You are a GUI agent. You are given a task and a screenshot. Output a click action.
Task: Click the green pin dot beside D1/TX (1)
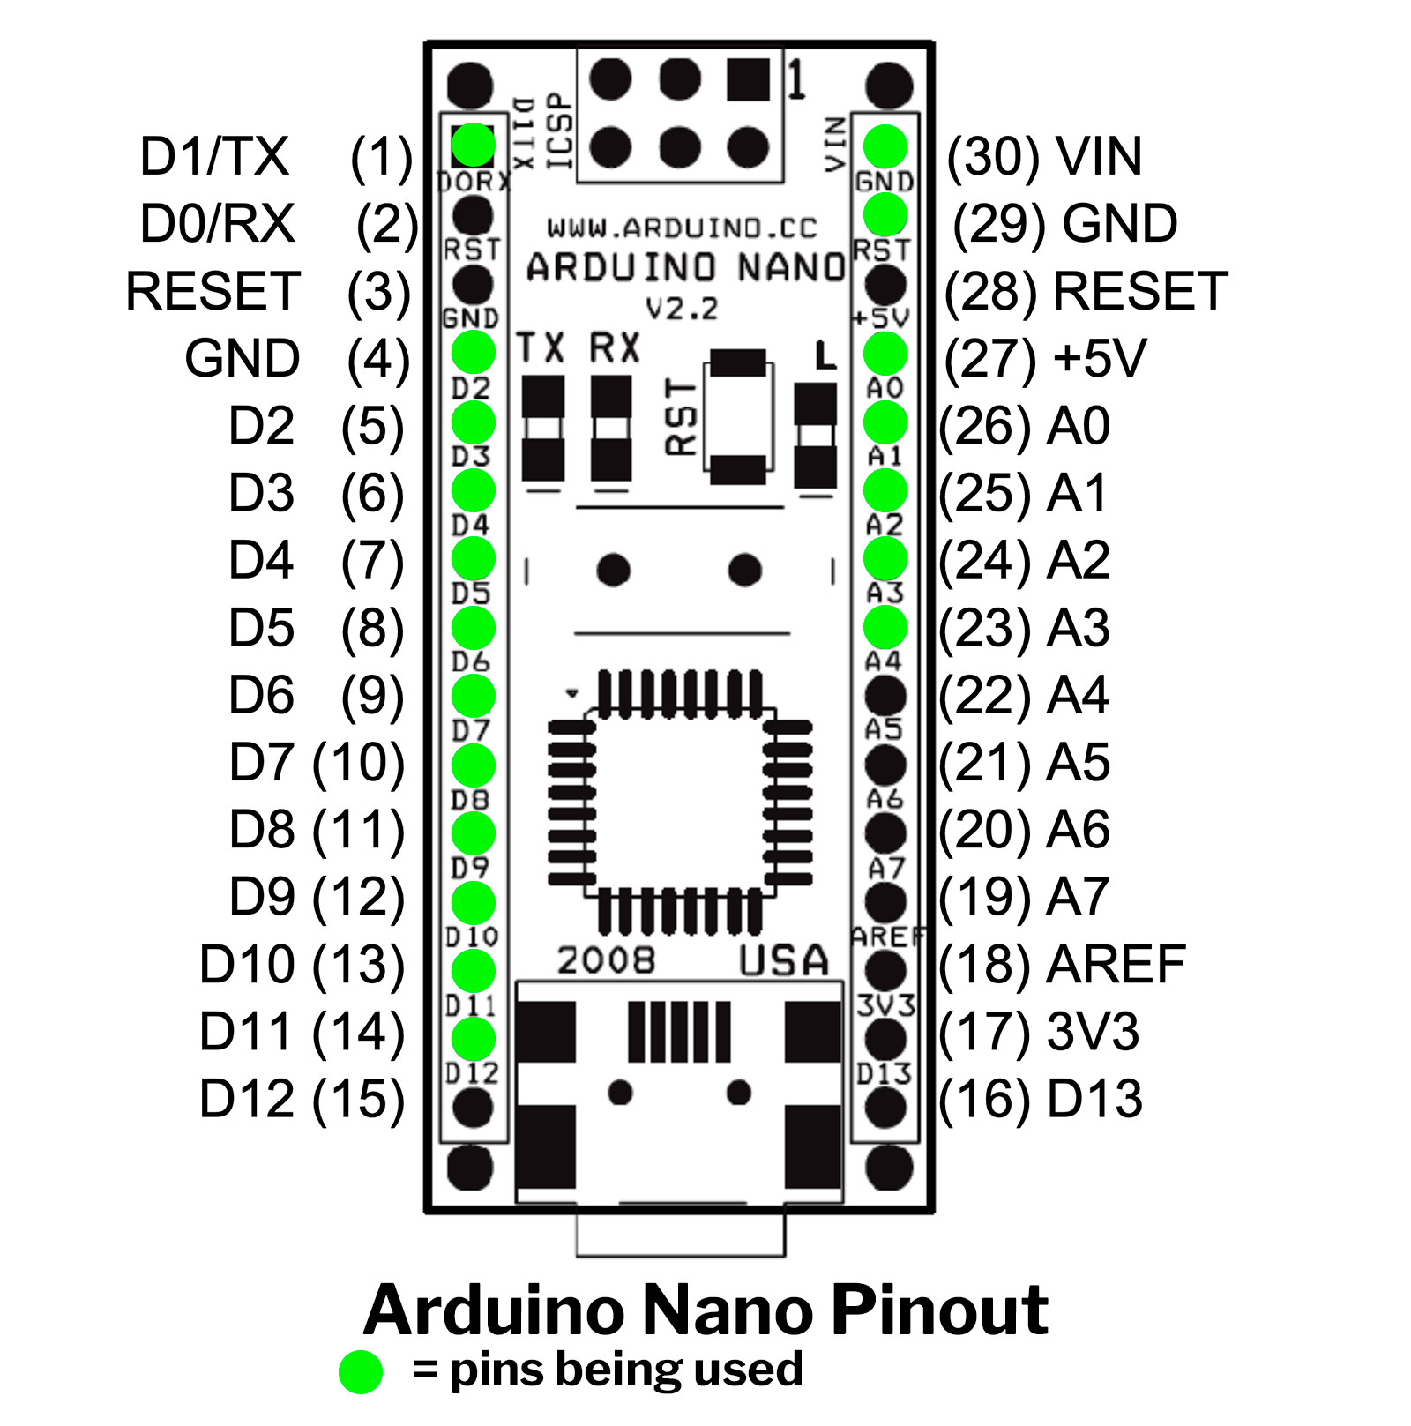click(474, 145)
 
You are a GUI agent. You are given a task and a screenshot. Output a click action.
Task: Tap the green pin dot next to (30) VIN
click(885, 146)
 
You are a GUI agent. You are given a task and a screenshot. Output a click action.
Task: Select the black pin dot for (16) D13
click(885, 1108)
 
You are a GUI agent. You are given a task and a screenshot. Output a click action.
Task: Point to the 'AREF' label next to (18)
click(1116, 964)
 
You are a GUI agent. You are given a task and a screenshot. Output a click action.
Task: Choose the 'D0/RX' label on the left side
click(217, 223)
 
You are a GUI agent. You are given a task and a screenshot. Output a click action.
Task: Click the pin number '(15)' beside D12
click(358, 1099)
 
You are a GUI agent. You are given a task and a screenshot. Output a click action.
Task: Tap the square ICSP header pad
click(748, 79)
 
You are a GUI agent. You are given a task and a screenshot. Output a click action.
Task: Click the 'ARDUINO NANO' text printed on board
click(685, 267)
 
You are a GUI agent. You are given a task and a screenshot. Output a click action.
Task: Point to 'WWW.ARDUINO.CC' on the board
click(682, 228)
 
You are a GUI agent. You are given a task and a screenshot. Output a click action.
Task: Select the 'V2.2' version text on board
click(682, 309)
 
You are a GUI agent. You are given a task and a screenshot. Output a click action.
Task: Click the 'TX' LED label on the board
click(541, 348)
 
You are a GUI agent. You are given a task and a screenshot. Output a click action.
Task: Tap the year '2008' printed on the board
click(606, 960)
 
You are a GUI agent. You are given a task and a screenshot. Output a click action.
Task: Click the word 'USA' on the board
click(783, 960)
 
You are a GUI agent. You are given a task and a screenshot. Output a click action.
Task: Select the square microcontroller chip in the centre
click(680, 803)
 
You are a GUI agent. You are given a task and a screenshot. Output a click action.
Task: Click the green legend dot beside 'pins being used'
click(361, 1371)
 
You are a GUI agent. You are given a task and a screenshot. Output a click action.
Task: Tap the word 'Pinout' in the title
click(939, 1310)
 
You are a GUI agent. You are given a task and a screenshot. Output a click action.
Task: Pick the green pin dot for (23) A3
click(885, 628)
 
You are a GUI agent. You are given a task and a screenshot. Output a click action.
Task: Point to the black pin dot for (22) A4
click(885, 696)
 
